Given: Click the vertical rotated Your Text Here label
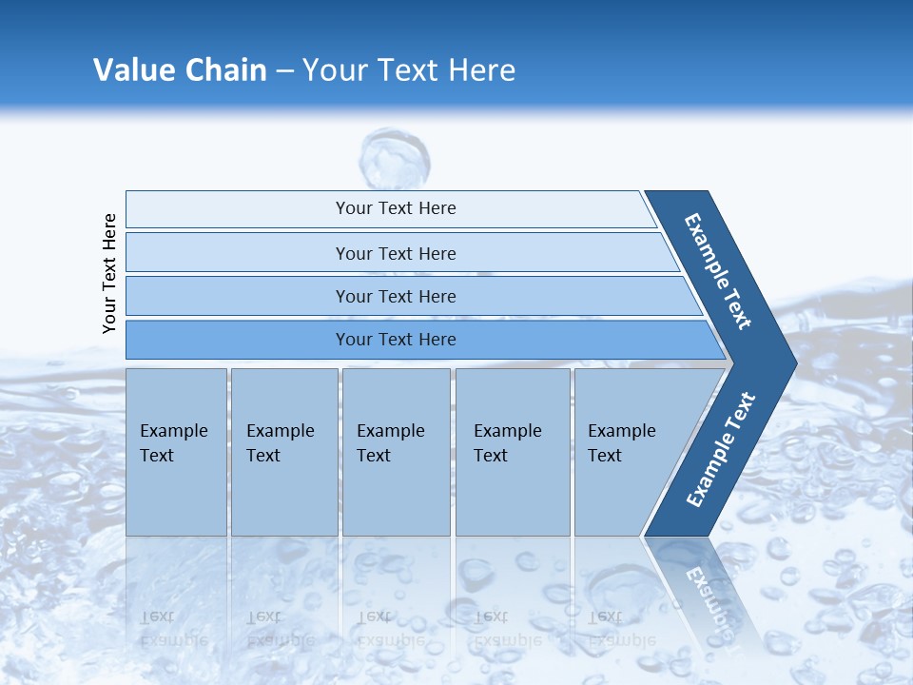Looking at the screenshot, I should (109, 273).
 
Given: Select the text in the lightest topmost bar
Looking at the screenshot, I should (396, 208).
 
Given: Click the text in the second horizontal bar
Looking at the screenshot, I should (396, 254).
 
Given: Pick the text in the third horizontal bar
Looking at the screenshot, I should (396, 297).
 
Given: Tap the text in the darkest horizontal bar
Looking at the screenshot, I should (396, 340).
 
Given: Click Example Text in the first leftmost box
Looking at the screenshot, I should (173, 443).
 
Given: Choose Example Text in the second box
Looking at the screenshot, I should (280, 443).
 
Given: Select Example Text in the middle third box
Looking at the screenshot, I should (390, 443).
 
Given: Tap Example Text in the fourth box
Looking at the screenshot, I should (507, 443).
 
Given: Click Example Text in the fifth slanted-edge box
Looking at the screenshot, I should (621, 443).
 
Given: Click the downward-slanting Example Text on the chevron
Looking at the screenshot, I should (718, 271).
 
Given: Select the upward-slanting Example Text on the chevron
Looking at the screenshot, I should (720, 450).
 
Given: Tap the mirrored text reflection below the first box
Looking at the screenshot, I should (173, 629).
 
